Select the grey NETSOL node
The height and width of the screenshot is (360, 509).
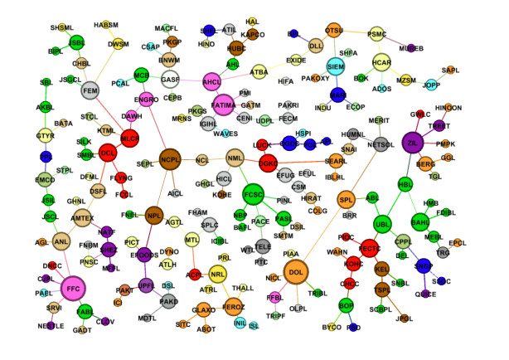point(381,145)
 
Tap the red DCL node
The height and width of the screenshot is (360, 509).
point(108,153)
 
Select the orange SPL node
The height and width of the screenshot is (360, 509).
point(347,200)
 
